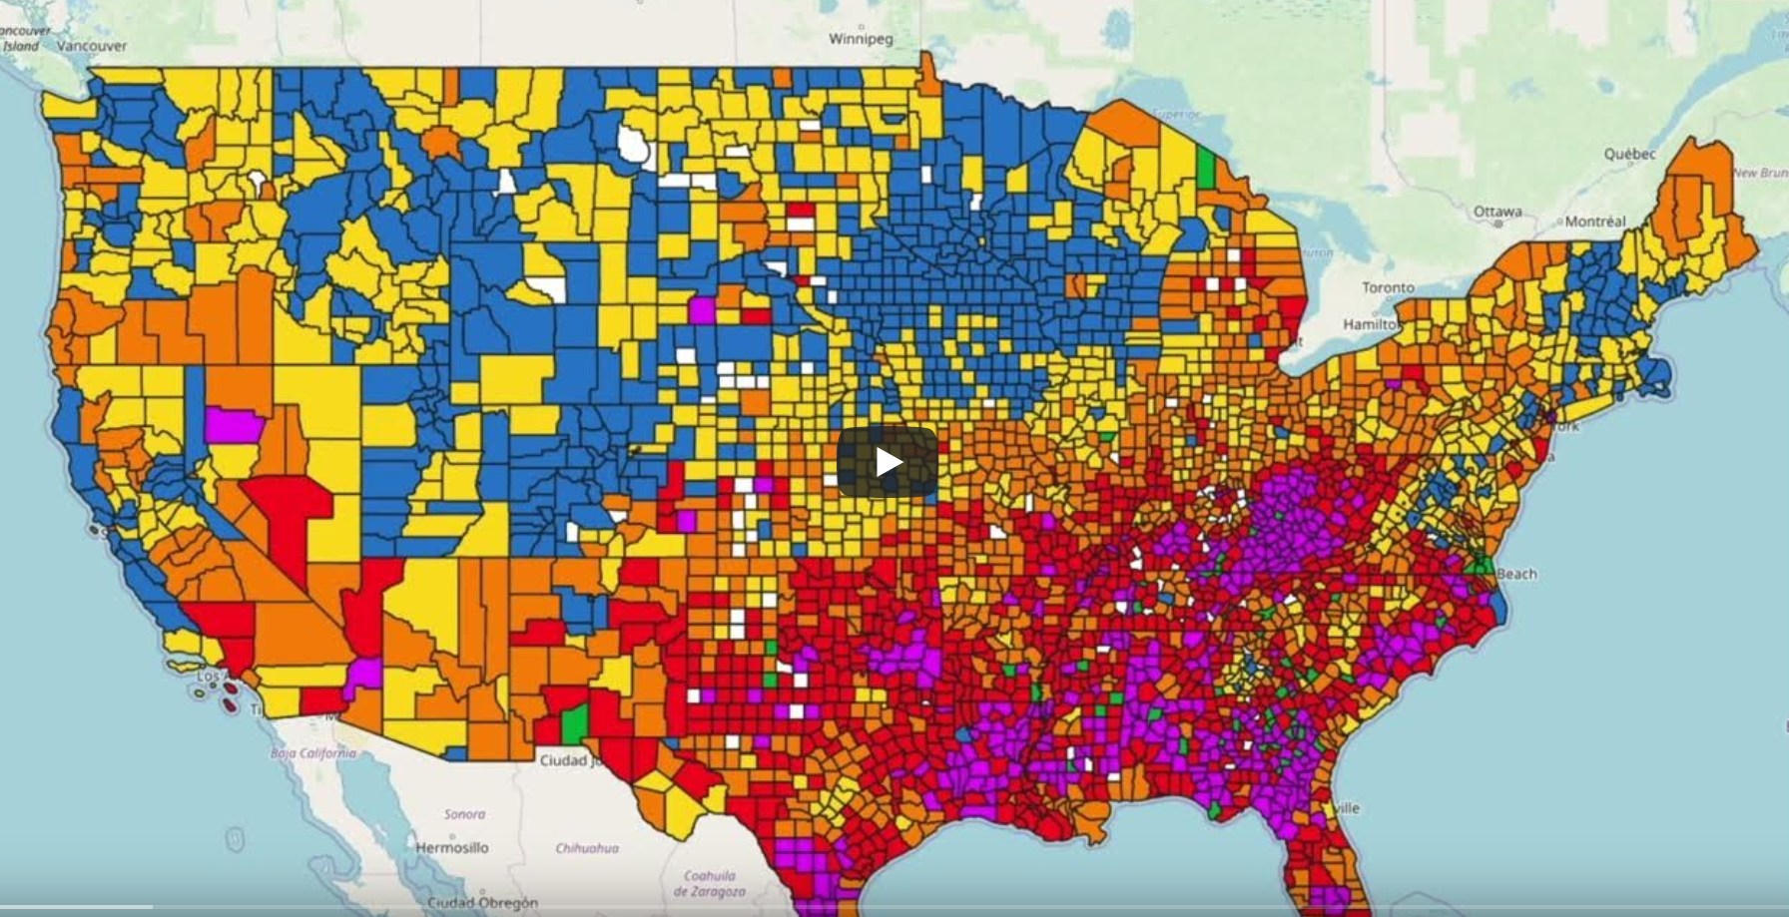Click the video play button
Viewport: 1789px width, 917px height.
click(x=887, y=462)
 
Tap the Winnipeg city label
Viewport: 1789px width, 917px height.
click(x=860, y=39)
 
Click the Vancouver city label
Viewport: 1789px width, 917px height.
click(x=92, y=45)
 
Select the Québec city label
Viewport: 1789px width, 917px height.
click(x=1629, y=154)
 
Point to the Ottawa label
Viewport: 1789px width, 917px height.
click(x=1496, y=212)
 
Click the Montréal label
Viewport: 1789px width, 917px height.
click(x=1594, y=222)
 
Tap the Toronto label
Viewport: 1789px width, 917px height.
click(x=1388, y=287)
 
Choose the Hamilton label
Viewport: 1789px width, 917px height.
click(x=1371, y=323)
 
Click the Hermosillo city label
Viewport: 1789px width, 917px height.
click(x=452, y=847)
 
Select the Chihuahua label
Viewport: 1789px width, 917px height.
click(x=587, y=848)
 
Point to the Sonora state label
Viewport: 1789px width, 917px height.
click(x=464, y=814)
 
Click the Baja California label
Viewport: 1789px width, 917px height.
click(x=312, y=752)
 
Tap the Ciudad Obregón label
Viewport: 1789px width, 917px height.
click(x=482, y=902)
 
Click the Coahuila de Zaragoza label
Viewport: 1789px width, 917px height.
click(x=710, y=883)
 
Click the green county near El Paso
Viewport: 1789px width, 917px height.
click(x=574, y=723)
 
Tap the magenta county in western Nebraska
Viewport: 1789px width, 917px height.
click(x=702, y=310)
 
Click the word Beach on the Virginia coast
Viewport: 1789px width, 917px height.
click(x=1516, y=574)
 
